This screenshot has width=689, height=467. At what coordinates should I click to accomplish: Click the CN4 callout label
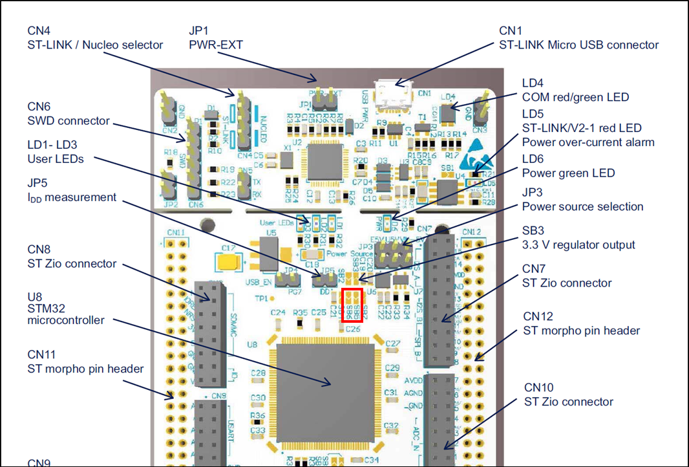coord(39,30)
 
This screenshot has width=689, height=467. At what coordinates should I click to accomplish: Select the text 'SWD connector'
coord(69,121)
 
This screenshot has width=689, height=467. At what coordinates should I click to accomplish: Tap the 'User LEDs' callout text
coord(56,158)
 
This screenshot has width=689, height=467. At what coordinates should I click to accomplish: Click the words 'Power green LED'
coord(569,173)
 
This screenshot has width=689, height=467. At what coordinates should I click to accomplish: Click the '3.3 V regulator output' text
coord(578,245)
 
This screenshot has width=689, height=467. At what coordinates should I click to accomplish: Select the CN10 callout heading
coord(538,387)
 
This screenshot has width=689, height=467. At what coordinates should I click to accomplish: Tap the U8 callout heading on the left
coord(35,297)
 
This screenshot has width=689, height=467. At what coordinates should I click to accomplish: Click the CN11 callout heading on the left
coord(41,354)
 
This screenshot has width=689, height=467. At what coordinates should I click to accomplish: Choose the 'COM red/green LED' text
coord(575,97)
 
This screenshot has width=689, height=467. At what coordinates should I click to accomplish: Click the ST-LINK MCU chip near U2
coord(325,162)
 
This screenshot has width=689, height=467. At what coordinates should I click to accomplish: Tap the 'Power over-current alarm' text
coord(588,142)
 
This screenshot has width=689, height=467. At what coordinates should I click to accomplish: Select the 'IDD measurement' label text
coord(72,197)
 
